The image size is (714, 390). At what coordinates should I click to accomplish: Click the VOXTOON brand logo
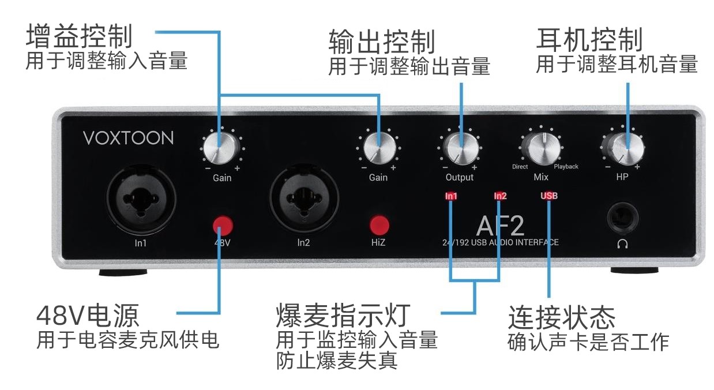click(x=128, y=138)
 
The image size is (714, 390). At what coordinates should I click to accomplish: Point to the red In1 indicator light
click(x=451, y=196)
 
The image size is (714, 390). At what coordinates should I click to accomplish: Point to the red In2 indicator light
click(x=500, y=196)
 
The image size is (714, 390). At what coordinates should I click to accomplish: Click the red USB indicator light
click(x=548, y=196)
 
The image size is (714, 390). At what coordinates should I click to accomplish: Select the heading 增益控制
click(x=80, y=37)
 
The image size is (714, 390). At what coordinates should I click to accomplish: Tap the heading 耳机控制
click(x=589, y=39)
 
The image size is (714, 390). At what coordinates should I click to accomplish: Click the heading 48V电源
click(x=88, y=316)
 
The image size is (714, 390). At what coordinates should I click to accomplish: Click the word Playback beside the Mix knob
click(x=566, y=167)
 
